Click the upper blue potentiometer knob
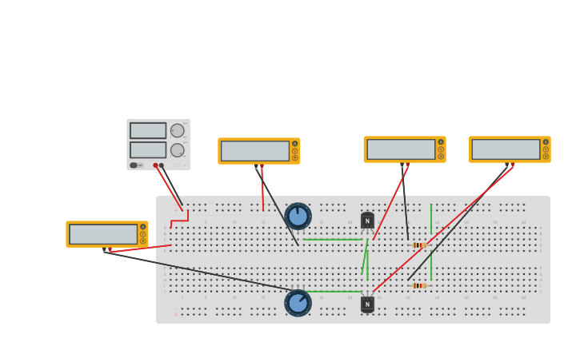(x=298, y=216)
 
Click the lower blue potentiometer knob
(x=298, y=303)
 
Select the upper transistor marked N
(x=367, y=221)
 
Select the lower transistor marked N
(x=367, y=304)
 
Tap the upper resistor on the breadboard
(x=418, y=245)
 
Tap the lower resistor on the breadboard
(x=418, y=285)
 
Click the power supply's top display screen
(x=148, y=130)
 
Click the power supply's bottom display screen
(x=148, y=149)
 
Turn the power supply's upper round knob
(x=178, y=130)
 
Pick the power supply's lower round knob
(x=178, y=149)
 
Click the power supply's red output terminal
(x=155, y=165)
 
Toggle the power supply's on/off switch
(x=134, y=165)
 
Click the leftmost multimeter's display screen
(x=103, y=234)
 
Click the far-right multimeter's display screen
(x=506, y=149)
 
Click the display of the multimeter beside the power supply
(x=254, y=151)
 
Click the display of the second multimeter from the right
(x=401, y=149)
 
